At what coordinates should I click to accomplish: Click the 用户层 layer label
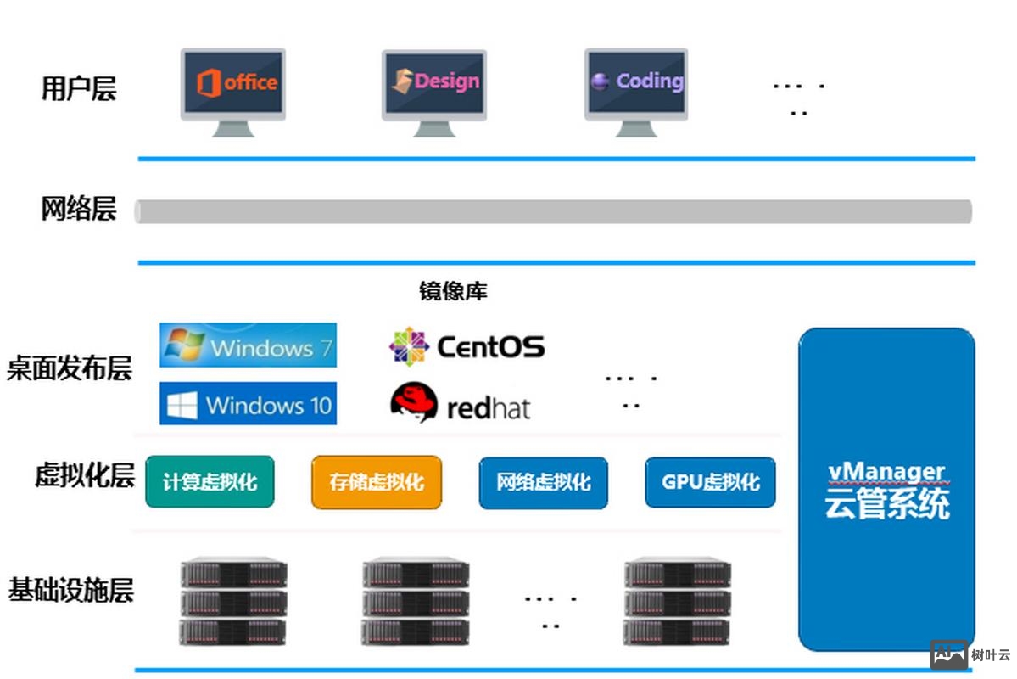point(78,88)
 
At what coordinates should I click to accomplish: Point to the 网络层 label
point(78,209)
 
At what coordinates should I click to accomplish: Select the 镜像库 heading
point(453,292)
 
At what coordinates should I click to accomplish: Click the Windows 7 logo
point(248,345)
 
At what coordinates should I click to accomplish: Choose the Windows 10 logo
point(248,403)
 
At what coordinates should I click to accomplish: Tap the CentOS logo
point(467,346)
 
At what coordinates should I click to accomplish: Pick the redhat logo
point(460,404)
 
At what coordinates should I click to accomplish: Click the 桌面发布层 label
point(70,369)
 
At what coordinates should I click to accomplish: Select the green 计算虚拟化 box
point(210,482)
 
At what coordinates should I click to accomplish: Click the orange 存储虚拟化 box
point(377,482)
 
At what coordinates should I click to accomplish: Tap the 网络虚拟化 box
point(543,482)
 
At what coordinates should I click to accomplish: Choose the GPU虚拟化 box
point(710,482)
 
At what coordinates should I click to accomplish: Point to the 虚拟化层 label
point(84,475)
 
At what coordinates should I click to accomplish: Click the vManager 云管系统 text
point(886,491)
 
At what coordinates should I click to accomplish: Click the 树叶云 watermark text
point(991,655)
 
